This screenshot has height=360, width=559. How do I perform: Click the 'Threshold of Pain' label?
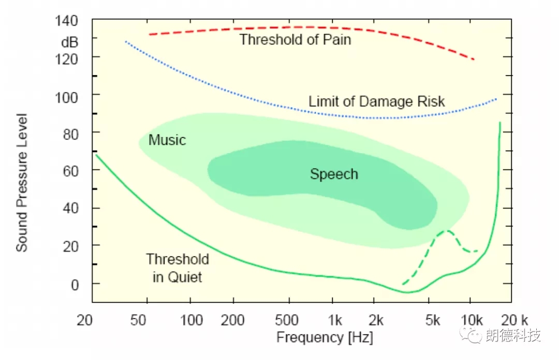[x=295, y=39]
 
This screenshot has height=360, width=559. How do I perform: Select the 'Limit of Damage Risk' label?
[x=376, y=101]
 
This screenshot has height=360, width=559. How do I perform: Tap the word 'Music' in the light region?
[x=167, y=140]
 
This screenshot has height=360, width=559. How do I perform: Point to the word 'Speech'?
[x=334, y=174]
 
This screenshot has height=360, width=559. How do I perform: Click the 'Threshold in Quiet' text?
[x=178, y=268]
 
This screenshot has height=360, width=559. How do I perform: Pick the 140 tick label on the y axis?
[x=67, y=22]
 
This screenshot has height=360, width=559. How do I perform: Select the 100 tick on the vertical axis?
[x=67, y=96]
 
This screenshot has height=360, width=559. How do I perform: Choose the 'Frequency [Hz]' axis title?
[x=325, y=338]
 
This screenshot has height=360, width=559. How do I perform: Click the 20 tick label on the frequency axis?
[x=85, y=320]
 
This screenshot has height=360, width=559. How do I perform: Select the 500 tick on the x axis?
[x=287, y=320]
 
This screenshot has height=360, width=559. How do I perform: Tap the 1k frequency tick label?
[x=335, y=320]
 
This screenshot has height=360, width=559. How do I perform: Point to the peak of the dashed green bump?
[x=447, y=231]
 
